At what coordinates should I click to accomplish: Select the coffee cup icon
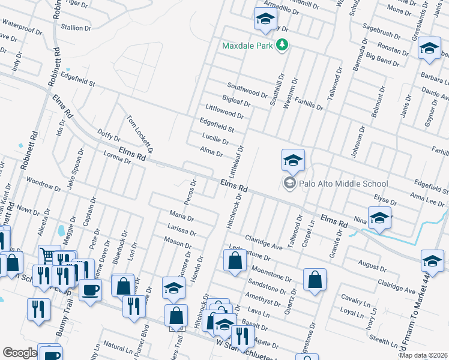click(90, 290)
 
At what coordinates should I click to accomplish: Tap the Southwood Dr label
click(247, 91)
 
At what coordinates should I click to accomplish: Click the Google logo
click(20, 353)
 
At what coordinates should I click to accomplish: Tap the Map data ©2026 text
click(423, 355)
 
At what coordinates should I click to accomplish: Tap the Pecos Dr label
click(190, 192)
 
